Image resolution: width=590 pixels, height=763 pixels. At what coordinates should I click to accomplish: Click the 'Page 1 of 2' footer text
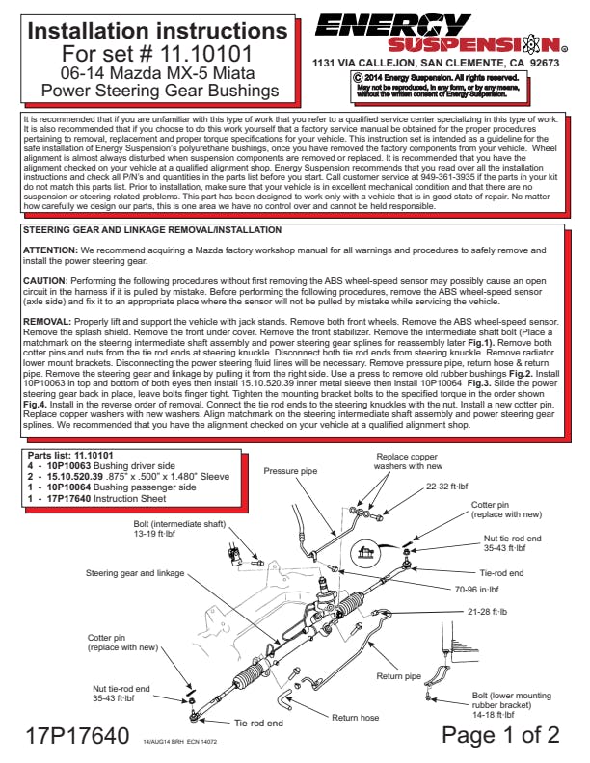pyautogui.click(x=500, y=735)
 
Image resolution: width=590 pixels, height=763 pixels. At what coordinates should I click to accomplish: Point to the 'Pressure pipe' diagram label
pyautogui.click(x=291, y=471)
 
